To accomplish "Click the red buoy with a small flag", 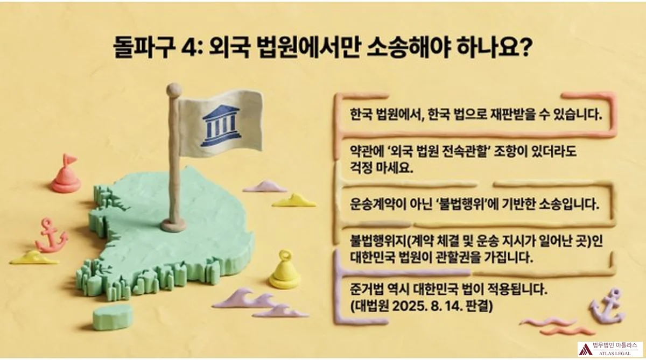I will click(66, 174).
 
